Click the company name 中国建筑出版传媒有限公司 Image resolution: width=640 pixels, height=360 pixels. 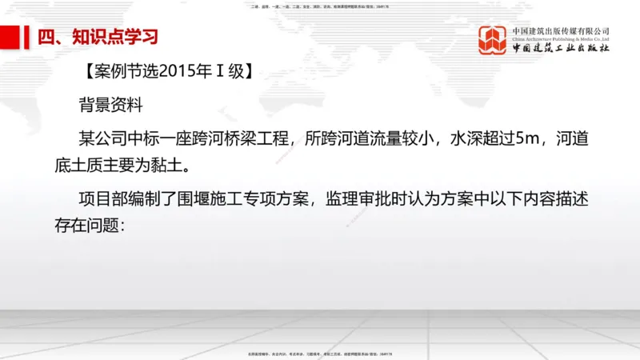561,30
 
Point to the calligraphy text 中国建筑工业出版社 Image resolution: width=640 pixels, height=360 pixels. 561,49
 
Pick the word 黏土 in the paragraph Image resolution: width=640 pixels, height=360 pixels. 170,166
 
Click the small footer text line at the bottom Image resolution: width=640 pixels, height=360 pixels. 319,353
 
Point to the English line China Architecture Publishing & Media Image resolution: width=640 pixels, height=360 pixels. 561,38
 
